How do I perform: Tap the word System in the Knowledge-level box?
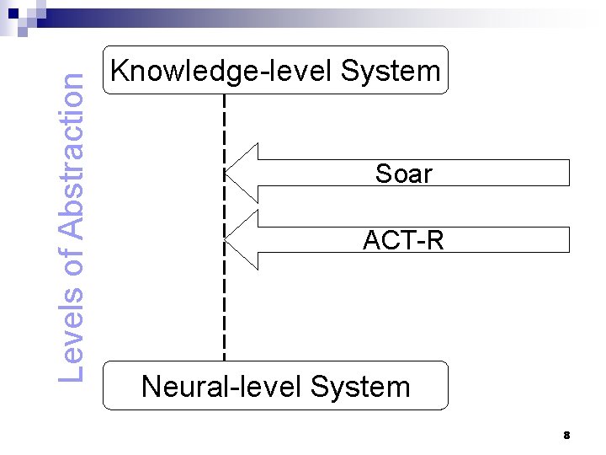pyautogui.click(x=391, y=71)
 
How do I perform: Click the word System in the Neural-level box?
pyautogui.click(x=360, y=387)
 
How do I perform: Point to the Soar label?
pyautogui.click(x=403, y=174)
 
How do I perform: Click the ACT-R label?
pyautogui.click(x=403, y=240)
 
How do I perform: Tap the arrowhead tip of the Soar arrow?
pyautogui.click(x=225, y=173)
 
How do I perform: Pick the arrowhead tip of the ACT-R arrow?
pyautogui.click(x=225, y=240)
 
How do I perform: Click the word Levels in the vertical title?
pyautogui.click(x=71, y=335)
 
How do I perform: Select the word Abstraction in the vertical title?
pyautogui.click(x=71, y=157)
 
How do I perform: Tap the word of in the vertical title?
pyautogui.click(x=71, y=262)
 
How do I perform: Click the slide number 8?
pyautogui.click(x=566, y=436)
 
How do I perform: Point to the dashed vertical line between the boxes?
pyautogui.click(x=224, y=227)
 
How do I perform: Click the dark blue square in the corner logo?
pyautogui.click(x=13, y=13)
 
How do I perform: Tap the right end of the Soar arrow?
pyautogui.click(x=569, y=173)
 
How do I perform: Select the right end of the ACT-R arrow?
pyautogui.click(x=569, y=240)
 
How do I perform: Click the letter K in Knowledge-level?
pyautogui.click(x=120, y=70)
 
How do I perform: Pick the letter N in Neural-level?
pyautogui.click(x=151, y=386)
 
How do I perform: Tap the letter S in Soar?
pyautogui.click(x=383, y=174)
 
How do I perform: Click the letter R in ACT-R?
pyautogui.click(x=435, y=240)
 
